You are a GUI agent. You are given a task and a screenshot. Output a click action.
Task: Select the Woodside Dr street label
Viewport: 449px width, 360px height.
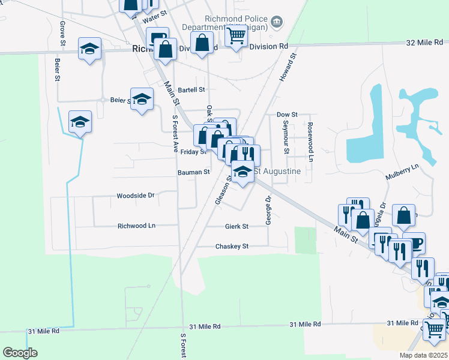click(x=136, y=196)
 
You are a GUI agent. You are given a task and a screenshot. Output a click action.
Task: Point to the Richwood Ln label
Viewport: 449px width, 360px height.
click(x=136, y=226)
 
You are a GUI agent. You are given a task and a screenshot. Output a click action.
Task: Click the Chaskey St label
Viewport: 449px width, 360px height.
click(x=232, y=247)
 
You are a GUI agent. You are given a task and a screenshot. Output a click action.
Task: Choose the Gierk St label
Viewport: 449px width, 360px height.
click(x=237, y=226)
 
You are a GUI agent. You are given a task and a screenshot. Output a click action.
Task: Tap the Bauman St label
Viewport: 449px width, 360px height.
click(x=193, y=172)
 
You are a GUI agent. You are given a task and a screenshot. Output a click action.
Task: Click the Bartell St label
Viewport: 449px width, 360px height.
click(x=191, y=90)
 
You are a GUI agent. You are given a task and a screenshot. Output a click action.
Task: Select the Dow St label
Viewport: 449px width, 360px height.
click(x=287, y=115)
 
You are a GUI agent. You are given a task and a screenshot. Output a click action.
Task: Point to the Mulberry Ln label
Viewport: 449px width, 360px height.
click(x=402, y=173)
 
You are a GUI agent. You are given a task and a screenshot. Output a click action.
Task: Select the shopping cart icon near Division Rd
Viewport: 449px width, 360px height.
click(x=236, y=35)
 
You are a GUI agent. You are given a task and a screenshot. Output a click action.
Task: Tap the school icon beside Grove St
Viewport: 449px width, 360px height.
click(x=89, y=48)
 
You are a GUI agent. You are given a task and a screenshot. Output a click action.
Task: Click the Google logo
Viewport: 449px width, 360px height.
click(x=20, y=353)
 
